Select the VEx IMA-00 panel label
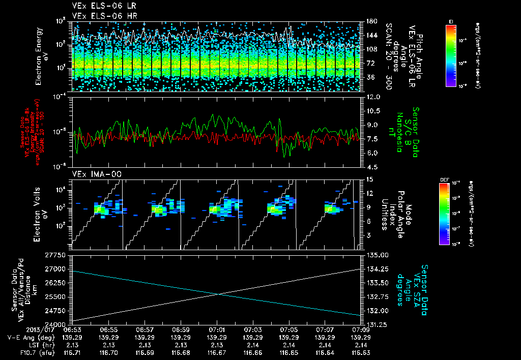[x=94, y=174]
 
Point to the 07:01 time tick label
[x=217, y=330]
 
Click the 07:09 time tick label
[x=361, y=330]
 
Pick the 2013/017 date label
[x=21, y=330]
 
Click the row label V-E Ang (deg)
[x=26, y=337]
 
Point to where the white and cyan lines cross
[x=218, y=294]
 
